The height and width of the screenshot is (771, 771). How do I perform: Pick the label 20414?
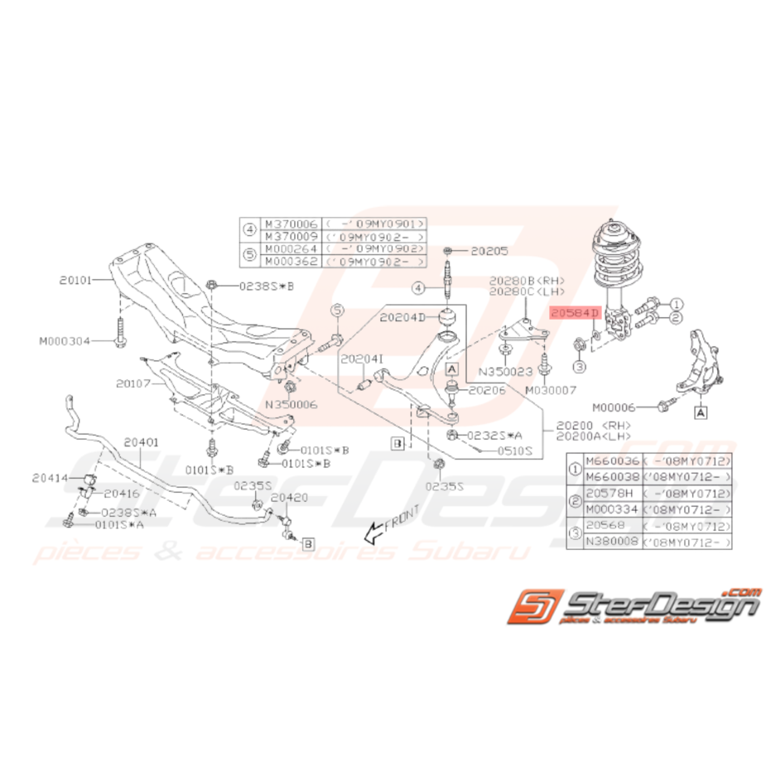[50, 478]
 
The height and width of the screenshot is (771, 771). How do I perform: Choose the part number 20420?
[288, 498]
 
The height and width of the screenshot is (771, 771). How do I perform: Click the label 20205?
[489, 249]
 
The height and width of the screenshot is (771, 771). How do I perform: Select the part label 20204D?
[402, 316]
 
